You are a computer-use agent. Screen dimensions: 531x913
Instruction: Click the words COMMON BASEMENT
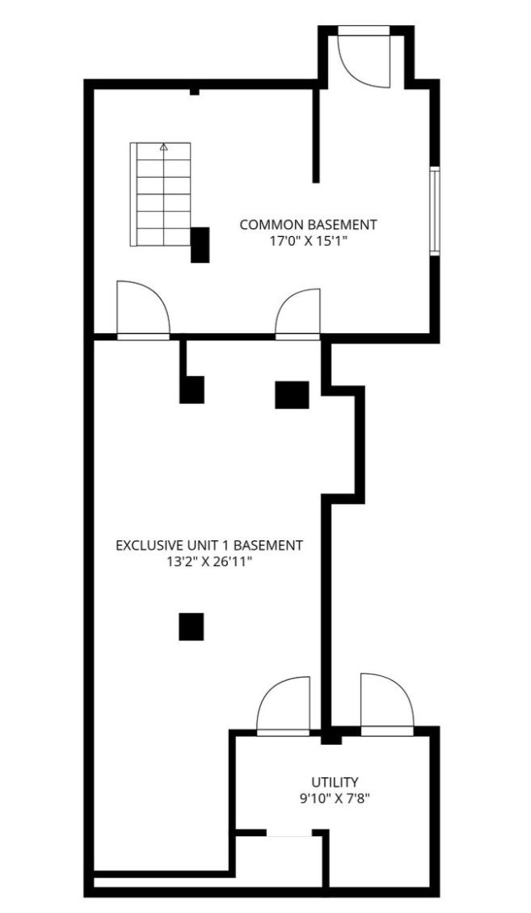(x=308, y=224)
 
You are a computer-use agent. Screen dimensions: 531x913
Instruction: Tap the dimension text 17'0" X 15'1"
(x=309, y=241)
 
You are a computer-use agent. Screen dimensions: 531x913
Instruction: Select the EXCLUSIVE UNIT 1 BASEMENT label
(x=209, y=546)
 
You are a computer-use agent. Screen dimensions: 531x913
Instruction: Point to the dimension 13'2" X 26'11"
(x=209, y=563)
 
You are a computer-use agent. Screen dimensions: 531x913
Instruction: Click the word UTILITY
(x=335, y=782)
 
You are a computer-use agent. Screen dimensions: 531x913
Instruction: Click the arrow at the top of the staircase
(x=163, y=149)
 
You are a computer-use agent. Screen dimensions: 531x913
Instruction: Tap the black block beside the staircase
(x=200, y=245)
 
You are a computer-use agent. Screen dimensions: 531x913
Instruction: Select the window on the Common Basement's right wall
(x=434, y=211)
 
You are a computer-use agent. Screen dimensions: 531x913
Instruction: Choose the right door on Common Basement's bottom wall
(x=297, y=314)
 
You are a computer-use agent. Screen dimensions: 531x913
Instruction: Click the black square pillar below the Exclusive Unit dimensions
(x=191, y=627)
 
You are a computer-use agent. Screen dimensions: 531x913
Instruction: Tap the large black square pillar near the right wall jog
(x=292, y=395)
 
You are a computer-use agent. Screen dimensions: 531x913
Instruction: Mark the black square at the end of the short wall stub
(x=192, y=390)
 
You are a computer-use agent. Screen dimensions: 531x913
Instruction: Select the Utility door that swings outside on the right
(x=387, y=704)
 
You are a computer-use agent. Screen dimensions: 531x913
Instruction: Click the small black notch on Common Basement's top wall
(x=195, y=91)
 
